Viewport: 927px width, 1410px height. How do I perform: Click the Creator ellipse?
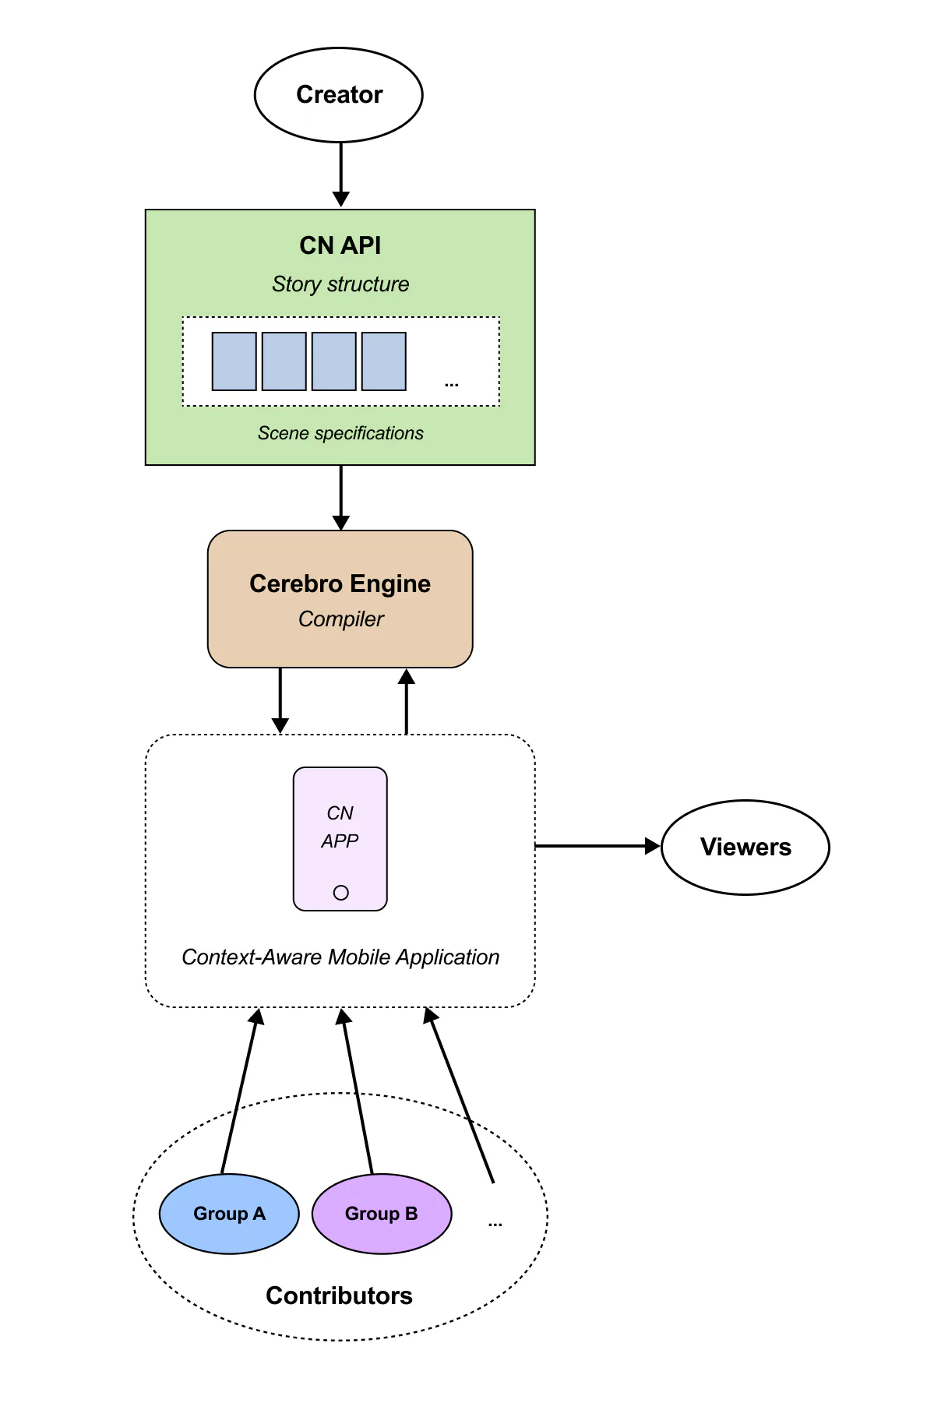pyautogui.click(x=339, y=95)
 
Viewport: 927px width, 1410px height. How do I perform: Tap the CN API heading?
pyautogui.click(x=340, y=245)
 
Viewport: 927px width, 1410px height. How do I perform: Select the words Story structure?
pyautogui.click(x=340, y=284)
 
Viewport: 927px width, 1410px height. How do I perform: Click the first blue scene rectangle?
pyautogui.click(x=234, y=361)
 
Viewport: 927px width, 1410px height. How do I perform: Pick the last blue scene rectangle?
pyautogui.click(x=384, y=361)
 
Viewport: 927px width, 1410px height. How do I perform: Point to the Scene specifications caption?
pyautogui.click(x=340, y=433)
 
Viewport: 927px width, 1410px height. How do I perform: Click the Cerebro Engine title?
pyautogui.click(x=340, y=583)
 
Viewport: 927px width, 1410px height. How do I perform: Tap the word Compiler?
pyautogui.click(x=341, y=619)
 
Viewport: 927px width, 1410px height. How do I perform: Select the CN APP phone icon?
pyautogui.click(x=340, y=838)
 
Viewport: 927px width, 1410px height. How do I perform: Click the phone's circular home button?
pyautogui.click(x=340, y=893)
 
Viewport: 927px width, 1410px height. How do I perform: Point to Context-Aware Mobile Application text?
pyautogui.click(x=340, y=957)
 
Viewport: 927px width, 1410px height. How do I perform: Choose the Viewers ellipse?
pyautogui.click(x=745, y=847)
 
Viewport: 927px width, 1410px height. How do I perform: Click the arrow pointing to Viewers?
pyautogui.click(x=597, y=846)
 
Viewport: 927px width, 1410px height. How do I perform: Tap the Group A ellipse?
pyautogui.click(x=229, y=1214)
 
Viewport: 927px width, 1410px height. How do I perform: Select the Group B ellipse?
pyautogui.click(x=382, y=1214)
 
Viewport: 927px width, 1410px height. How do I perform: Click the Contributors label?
pyautogui.click(x=339, y=1295)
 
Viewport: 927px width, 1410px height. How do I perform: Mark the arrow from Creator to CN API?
pyautogui.click(x=340, y=174)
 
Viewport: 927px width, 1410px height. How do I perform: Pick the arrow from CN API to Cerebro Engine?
pyautogui.click(x=340, y=498)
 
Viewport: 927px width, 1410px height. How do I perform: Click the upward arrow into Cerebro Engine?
pyautogui.click(x=406, y=701)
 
